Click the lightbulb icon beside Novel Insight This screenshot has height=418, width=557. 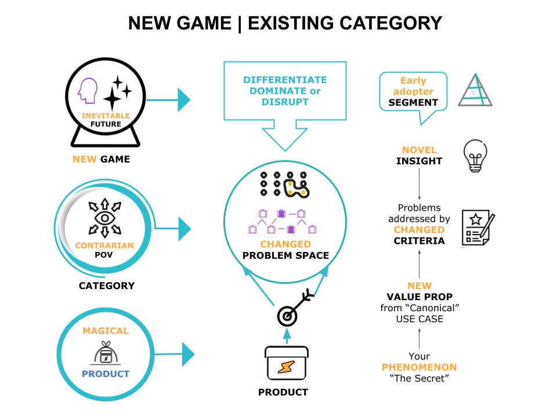(474, 155)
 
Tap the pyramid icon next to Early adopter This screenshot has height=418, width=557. (475, 90)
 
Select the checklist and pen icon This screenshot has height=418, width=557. (478, 228)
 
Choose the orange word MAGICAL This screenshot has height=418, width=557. (105, 330)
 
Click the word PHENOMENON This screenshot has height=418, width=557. (419, 367)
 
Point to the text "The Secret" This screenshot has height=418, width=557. (419, 379)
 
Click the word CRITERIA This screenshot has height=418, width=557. (419, 240)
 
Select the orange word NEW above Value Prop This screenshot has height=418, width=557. (419, 286)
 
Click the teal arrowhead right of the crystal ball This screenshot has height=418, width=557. (183, 100)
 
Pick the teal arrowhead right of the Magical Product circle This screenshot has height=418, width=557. (188, 354)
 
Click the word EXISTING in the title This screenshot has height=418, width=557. (290, 23)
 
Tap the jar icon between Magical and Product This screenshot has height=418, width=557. (106, 352)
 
